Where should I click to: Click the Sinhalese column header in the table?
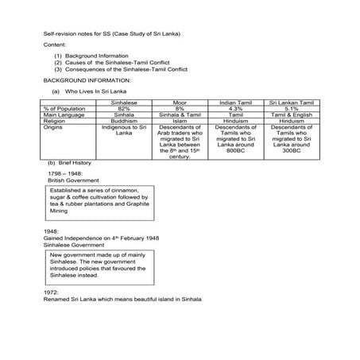pos(126,103)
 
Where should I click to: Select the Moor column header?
pos(180,103)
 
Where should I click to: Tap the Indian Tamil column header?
pos(235,103)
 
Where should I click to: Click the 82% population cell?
pos(125,109)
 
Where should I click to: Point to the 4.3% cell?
pos(235,109)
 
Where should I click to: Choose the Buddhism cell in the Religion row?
pos(125,121)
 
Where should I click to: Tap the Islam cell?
pos(180,121)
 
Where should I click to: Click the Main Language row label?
pos(64,115)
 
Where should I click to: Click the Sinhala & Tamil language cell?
pos(180,115)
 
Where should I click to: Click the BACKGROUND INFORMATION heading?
pos(87,80)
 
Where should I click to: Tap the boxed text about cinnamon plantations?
pos(100,203)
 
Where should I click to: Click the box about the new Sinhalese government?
pos(100,264)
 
